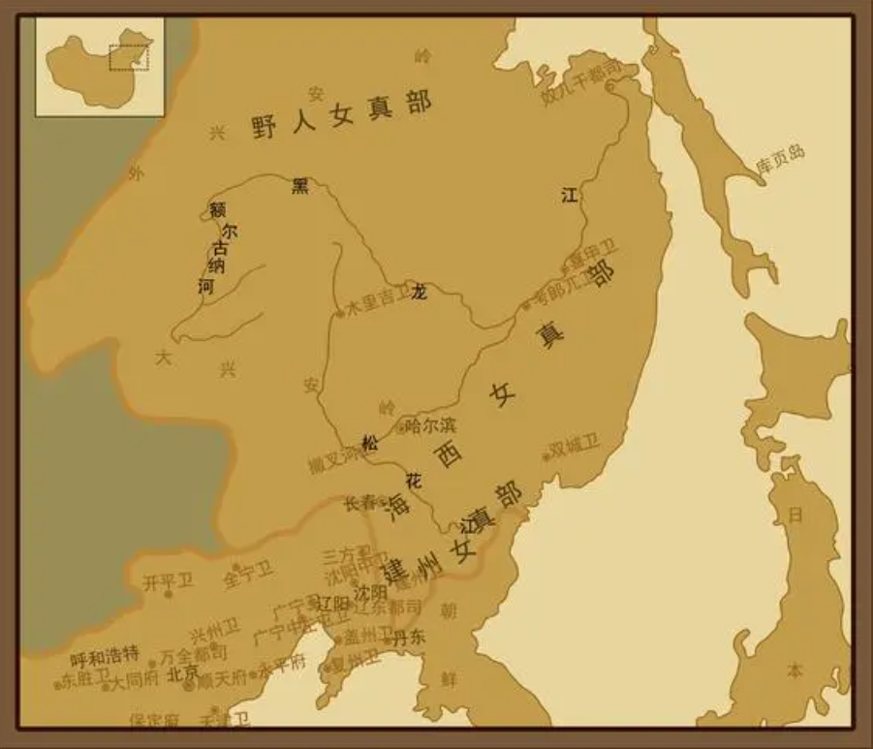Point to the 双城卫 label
pos(576,446)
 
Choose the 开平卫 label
pos(168,581)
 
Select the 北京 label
pos(184,671)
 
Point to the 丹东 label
pos(408,637)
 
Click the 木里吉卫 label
pos(378,302)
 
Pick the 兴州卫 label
pos(214,635)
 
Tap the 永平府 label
pos(281,668)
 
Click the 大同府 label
pos(133,680)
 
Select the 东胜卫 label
pos(81,678)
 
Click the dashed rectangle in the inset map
pos(128,56)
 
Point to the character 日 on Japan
pos(795,515)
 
